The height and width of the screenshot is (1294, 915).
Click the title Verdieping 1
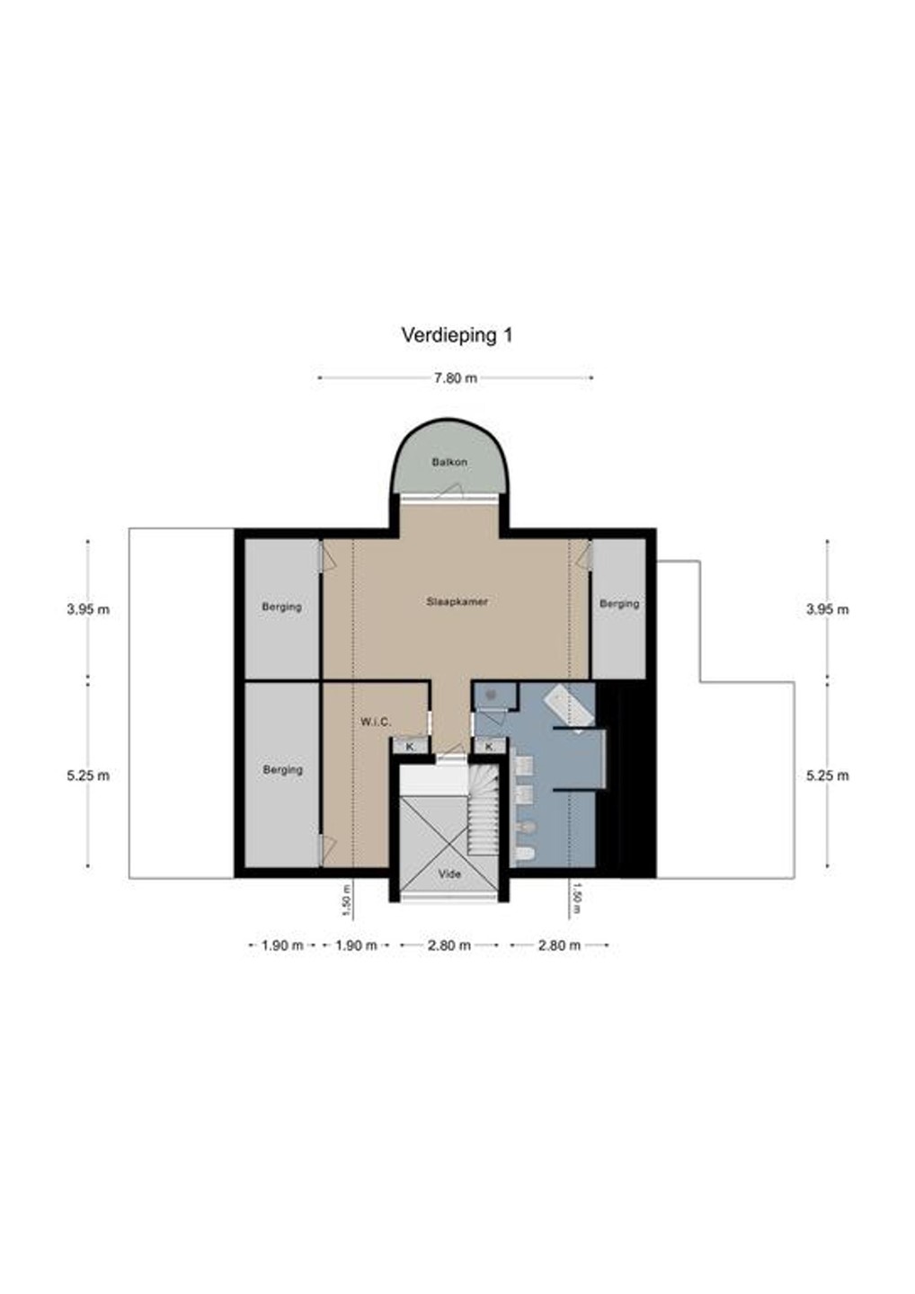pyautogui.click(x=457, y=336)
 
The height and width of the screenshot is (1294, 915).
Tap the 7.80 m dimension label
pyautogui.click(x=456, y=378)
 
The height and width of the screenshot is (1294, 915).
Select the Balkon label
pyautogui.click(x=449, y=462)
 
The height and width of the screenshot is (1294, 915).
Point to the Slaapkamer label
pyautogui.click(x=457, y=601)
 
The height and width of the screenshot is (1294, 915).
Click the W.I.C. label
pyautogui.click(x=376, y=722)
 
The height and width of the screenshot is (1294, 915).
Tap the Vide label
pyautogui.click(x=449, y=874)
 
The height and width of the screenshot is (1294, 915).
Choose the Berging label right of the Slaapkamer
pyautogui.click(x=619, y=604)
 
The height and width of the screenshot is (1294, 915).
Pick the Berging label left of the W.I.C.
pyautogui.click(x=282, y=770)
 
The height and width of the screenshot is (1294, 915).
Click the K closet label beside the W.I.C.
pyautogui.click(x=410, y=747)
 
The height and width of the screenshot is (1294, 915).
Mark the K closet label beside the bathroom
pyautogui.click(x=489, y=747)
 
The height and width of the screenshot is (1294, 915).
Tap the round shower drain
pyautogui.click(x=491, y=696)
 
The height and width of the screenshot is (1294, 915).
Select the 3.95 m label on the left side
pyautogui.click(x=88, y=609)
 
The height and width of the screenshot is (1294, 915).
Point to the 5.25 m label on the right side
pyautogui.click(x=828, y=776)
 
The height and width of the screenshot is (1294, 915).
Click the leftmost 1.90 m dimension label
pyautogui.click(x=282, y=945)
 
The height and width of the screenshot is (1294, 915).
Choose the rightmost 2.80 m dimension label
pyautogui.click(x=559, y=945)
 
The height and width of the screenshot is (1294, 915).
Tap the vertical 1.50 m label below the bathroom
pyautogui.click(x=578, y=904)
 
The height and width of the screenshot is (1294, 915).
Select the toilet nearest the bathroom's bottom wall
pyautogui.click(x=523, y=855)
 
